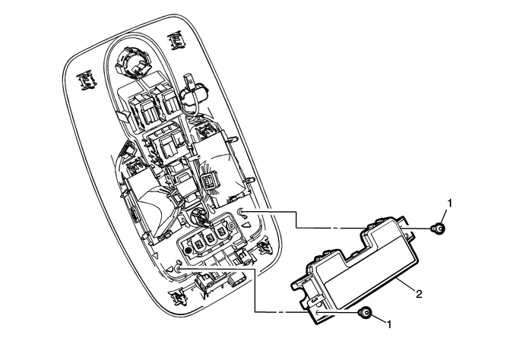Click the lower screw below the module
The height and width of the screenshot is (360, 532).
pos(366,314)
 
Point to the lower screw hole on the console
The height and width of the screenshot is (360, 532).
pos(178,267)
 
